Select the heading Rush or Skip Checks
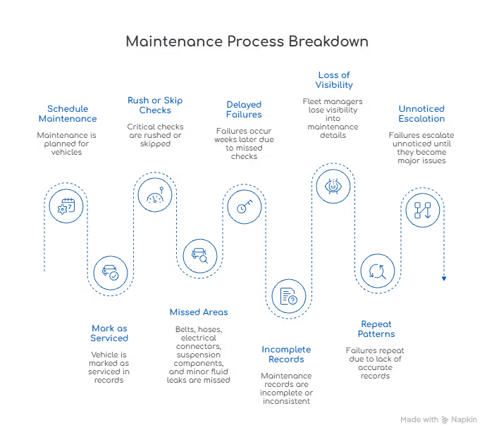155,105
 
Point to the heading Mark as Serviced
109,332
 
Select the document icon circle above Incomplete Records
288,296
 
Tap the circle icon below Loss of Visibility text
333,186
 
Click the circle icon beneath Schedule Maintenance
66,205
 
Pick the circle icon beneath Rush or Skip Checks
154,198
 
